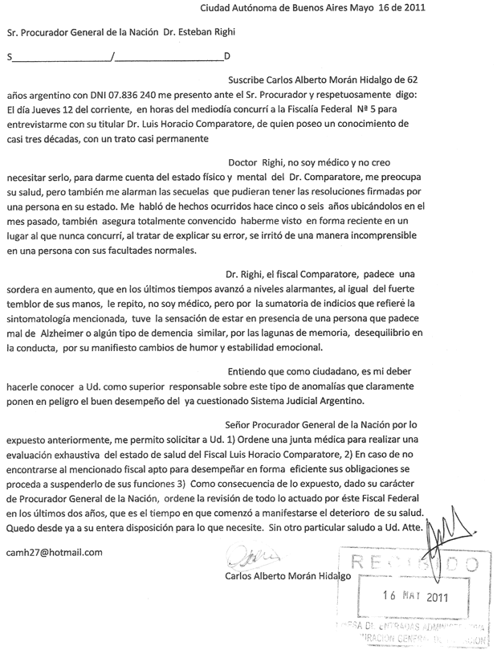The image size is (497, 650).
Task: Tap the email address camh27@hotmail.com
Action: [54, 552]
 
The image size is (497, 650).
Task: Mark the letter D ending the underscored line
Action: [226, 57]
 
